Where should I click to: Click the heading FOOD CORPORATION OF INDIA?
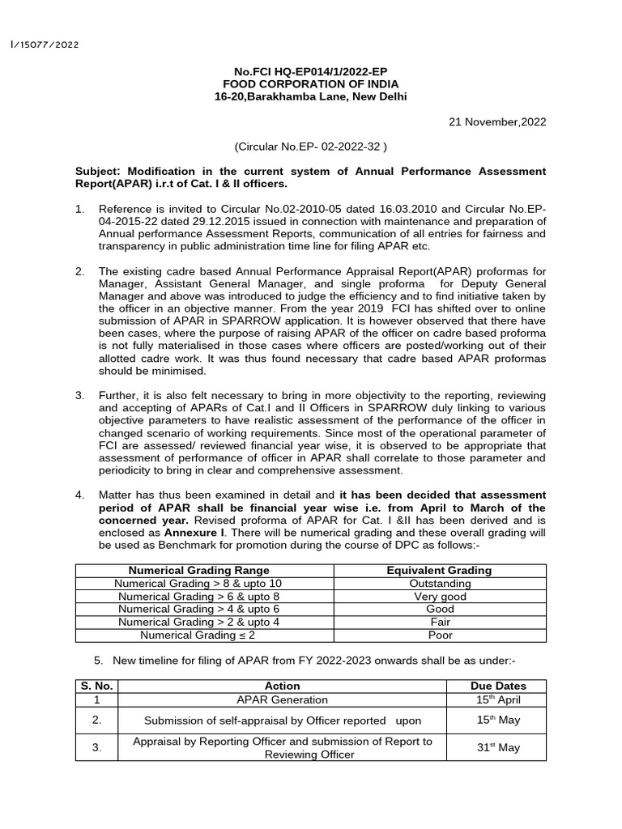pos(311,84)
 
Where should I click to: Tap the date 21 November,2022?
pos(497,122)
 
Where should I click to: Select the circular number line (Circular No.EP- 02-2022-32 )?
pos(311,147)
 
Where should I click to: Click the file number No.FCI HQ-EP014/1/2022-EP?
pos(311,71)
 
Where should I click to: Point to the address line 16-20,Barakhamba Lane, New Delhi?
pos(311,97)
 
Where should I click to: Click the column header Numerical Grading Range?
pos(199,571)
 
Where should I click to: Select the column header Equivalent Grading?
pos(439,571)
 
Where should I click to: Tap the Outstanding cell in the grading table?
pos(439,584)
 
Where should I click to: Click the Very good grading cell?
pos(439,597)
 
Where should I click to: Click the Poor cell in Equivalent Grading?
pos(439,636)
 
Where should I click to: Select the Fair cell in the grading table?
pos(439,623)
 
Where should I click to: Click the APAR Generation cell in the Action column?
pos(283,699)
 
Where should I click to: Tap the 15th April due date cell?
pos(497,699)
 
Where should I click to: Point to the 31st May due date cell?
pos(497,747)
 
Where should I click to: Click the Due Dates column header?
pos(497,686)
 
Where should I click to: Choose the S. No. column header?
pos(96,686)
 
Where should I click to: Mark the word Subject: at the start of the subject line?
pos(100,172)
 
